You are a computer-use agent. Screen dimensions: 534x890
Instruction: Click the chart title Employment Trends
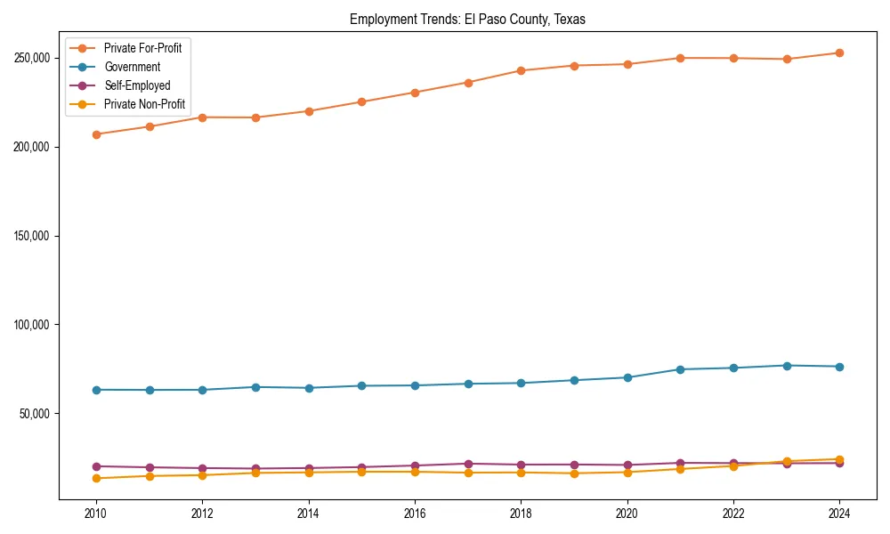[x=467, y=19]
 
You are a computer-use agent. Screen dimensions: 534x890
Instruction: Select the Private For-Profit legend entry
[x=142, y=48]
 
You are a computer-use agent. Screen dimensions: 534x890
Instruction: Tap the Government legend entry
[x=132, y=67]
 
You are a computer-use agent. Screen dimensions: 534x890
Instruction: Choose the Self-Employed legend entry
[x=136, y=85]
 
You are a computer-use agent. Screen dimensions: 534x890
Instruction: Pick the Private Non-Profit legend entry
[x=144, y=104]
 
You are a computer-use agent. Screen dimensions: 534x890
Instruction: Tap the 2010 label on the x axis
[x=96, y=514]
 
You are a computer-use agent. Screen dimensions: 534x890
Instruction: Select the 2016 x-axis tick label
[x=415, y=514]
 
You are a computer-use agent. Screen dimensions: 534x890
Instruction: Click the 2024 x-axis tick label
[x=839, y=514]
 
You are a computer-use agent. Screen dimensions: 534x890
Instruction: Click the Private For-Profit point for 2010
[x=96, y=134]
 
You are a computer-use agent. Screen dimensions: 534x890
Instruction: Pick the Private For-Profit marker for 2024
[x=839, y=53]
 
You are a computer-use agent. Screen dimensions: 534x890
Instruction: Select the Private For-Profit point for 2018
[x=521, y=70]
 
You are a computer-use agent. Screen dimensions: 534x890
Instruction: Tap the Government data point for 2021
[x=680, y=369]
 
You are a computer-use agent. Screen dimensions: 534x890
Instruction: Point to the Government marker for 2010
[x=96, y=390]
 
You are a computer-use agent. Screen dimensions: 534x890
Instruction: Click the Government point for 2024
[x=839, y=367]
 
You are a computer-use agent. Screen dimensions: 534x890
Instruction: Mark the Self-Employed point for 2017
[x=468, y=464]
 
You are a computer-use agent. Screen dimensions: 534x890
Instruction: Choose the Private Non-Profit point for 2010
[x=96, y=479]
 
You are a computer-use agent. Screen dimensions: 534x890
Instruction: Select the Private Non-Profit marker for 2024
[x=839, y=459]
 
